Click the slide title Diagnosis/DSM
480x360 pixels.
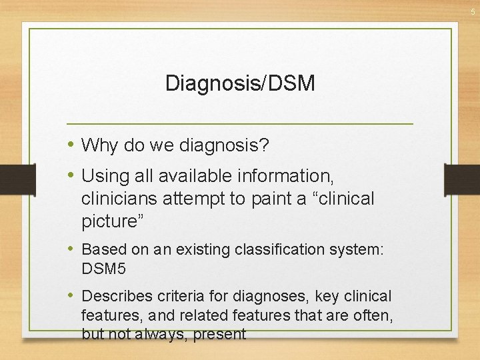[x=240, y=84]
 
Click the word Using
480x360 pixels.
[x=103, y=177]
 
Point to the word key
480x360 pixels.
[x=328, y=295]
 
